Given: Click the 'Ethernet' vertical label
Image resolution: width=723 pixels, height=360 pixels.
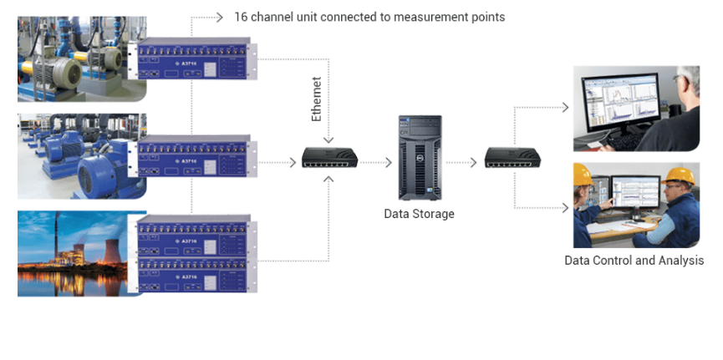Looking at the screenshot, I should (317, 99).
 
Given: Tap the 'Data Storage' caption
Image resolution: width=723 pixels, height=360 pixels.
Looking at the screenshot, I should (419, 214).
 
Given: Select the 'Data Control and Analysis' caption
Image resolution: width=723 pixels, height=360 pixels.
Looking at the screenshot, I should (634, 261).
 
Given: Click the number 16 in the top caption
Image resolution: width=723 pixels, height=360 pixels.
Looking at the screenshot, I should (241, 17).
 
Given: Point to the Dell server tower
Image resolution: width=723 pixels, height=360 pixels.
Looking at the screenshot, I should (419, 157).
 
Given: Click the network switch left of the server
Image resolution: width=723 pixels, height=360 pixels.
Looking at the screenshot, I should (330, 157).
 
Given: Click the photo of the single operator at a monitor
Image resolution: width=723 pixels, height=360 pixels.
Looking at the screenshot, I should (636, 109).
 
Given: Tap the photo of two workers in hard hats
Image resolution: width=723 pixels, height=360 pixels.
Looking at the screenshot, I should (636, 205).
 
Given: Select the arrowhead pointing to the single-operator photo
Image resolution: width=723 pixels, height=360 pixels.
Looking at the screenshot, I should (567, 108).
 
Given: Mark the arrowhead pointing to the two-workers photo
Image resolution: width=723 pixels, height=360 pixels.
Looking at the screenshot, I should (567, 206).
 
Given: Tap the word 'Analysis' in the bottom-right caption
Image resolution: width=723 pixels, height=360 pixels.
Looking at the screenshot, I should (681, 261).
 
